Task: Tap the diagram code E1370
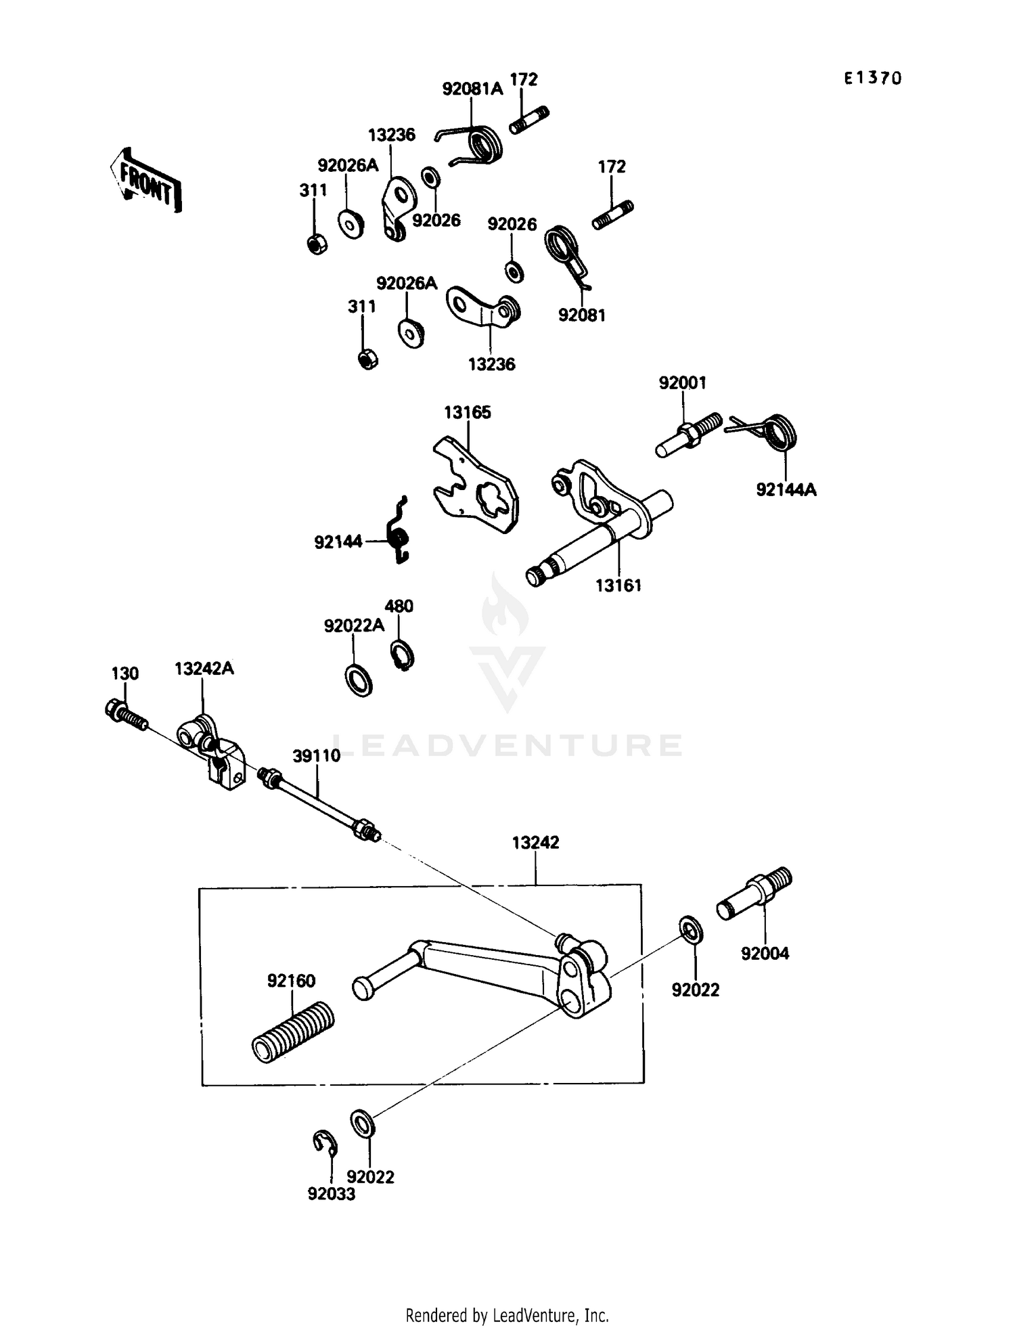pos(872,79)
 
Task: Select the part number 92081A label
pos(472,89)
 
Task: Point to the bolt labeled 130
pos(127,715)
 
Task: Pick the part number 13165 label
pos(467,412)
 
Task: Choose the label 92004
pos(765,954)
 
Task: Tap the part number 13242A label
pos(204,668)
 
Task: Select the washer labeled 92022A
pos(359,680)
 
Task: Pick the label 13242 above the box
pos(535,843)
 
